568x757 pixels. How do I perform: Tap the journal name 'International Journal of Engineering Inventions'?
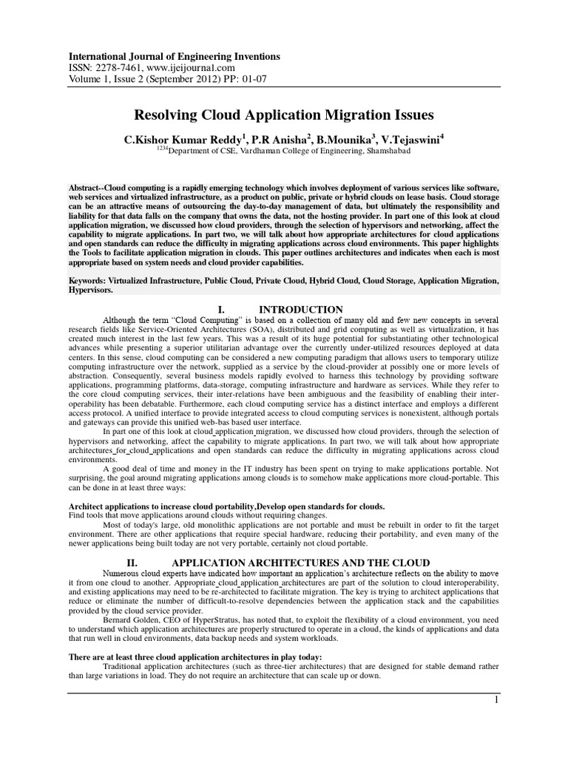pyautogui.click(x=175, y=56)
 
